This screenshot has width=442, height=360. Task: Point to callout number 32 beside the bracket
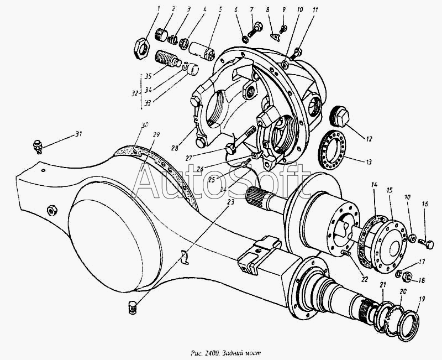tap(135, 93)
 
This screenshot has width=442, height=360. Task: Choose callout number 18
tap(422, 280)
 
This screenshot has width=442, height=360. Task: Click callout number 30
tap(145, 126)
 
